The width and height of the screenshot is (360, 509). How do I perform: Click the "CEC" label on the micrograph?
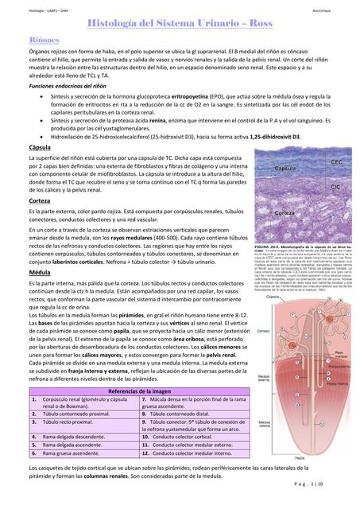[336, 162]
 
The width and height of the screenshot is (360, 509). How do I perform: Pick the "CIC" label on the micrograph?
[336, 186]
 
